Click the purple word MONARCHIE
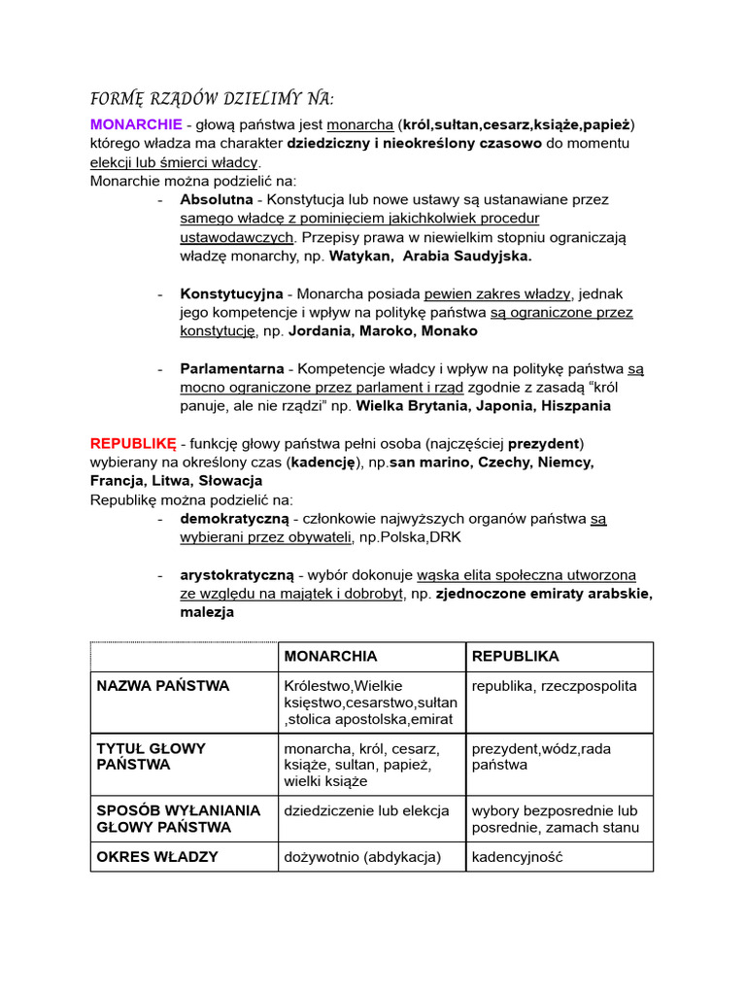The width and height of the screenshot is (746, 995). (136, 124)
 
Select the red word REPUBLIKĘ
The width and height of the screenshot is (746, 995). (133, 443)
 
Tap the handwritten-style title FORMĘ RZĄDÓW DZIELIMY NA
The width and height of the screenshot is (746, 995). (212, 98)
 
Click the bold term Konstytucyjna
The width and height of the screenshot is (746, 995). (231, 293)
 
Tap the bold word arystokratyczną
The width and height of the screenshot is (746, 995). (238, 575)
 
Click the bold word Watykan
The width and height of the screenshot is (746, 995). (360, 257)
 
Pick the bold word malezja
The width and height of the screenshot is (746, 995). (207, 613)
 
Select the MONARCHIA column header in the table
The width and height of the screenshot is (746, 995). (330, 657)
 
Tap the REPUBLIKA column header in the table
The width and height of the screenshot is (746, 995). (515, 657)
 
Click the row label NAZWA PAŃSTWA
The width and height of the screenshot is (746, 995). (163, 686)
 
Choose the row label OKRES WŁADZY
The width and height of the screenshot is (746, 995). (157, 857)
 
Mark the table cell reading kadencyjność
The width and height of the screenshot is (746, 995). (517, 857)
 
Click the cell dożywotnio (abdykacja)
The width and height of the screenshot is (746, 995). (362, 857)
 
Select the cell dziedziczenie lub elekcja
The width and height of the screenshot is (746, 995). (366, 810)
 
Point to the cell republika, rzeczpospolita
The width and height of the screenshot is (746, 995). (555, 686)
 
